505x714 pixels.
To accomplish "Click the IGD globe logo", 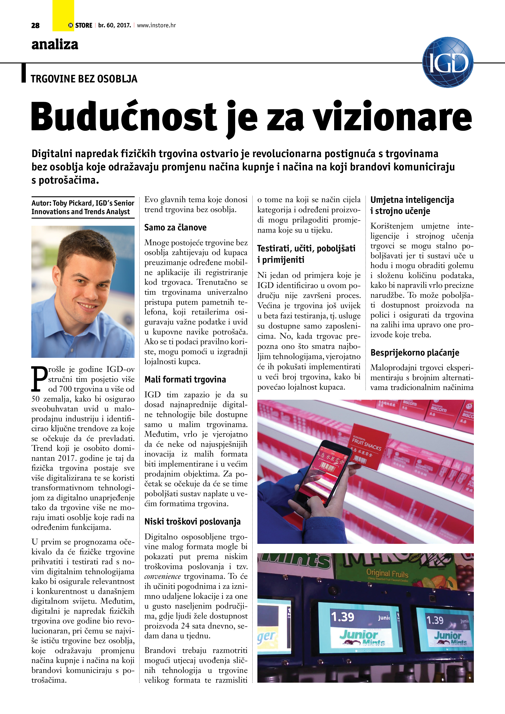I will tap(448, 62).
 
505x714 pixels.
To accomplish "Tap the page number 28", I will tap(35, 25).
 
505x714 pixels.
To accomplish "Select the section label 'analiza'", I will tap(55, 44).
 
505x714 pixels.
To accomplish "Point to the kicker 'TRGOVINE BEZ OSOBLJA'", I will tap(84, 79).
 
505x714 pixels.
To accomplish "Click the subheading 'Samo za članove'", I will tap(175, 227).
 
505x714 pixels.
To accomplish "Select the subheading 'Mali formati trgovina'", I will tap(185, 379).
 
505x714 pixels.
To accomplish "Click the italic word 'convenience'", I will tap(162, 576).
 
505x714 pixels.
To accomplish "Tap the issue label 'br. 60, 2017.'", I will tap(114, 25).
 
